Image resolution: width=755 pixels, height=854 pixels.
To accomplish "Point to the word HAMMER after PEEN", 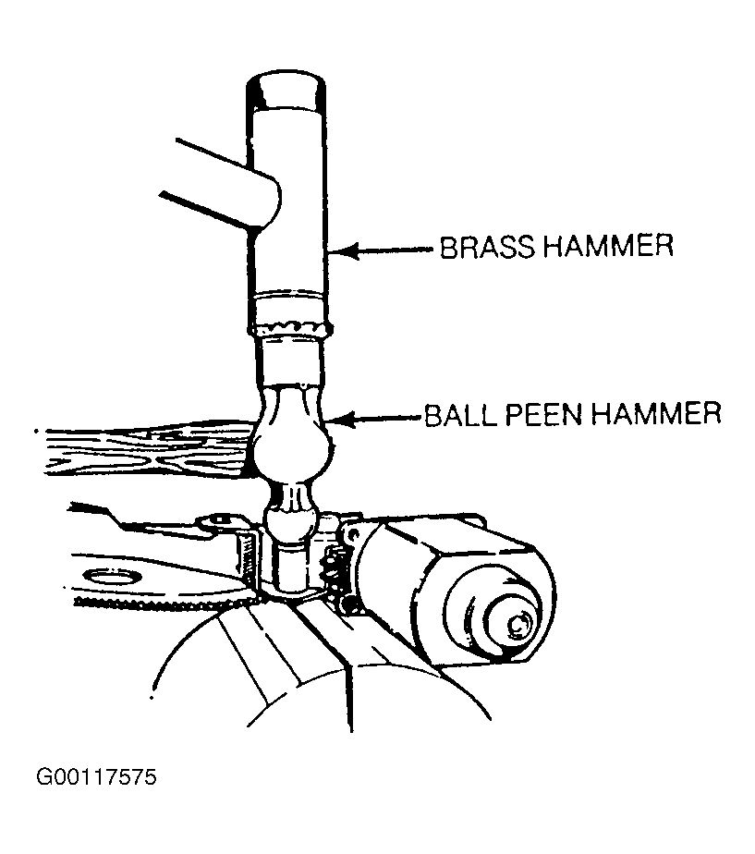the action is (x=656, y=414).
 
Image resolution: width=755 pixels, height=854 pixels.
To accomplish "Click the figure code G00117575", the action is (x=96, y=776).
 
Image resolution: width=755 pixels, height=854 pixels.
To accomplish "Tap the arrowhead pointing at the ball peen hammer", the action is (x=343, y=420).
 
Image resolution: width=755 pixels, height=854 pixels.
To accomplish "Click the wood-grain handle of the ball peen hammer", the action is (x=144, y=452).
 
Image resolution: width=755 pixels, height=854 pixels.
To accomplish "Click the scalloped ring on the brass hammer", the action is (x=290, y=328).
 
